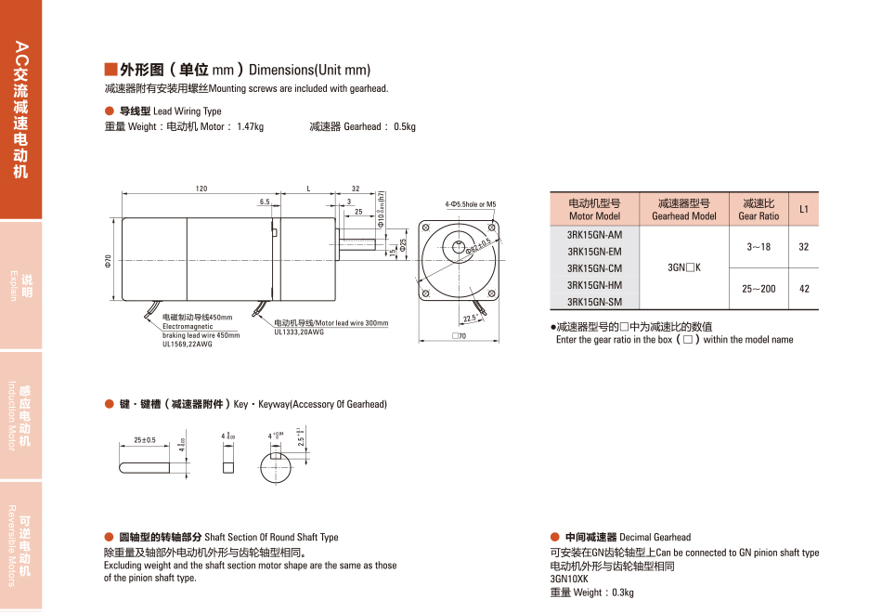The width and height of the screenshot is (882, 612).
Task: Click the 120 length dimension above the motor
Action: [201, 189]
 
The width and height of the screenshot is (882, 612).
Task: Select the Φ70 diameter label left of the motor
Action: [109, 262]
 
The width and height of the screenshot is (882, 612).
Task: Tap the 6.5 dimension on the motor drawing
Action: [265, 202]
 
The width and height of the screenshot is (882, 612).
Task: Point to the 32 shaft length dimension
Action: [355, 189]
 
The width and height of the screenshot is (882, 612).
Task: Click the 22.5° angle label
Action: [470, 319]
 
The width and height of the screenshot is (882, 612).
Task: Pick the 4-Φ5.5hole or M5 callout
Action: [471, 204]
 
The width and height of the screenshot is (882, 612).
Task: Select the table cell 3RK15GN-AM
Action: [594, 235]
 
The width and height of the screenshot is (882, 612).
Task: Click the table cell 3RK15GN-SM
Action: [594, 302]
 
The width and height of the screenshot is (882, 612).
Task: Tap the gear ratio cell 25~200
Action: [759, 289]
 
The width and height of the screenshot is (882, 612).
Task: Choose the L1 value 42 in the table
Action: [804, 289]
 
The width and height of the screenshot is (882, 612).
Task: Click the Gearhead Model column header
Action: [684, 209]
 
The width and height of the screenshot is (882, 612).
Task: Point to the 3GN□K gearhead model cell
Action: [684, 268]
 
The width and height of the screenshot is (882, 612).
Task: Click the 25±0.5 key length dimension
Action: [145, 439]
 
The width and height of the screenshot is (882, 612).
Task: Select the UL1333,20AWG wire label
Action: [299, 332]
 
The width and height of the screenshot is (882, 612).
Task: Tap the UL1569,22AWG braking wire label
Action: [188, 345]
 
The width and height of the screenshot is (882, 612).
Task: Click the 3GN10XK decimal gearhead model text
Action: [569, 579]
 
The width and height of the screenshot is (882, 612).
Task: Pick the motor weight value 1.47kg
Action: [250, 127]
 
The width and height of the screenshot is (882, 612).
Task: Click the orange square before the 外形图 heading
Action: [110, 70]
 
